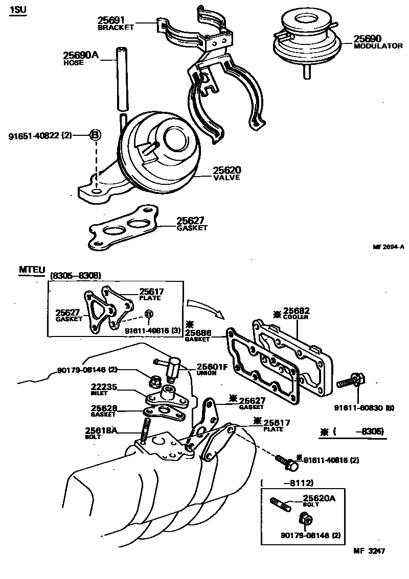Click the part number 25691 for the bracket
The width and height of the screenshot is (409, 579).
point(111,20)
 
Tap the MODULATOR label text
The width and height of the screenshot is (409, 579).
point(378,46)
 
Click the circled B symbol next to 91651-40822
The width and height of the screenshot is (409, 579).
point(96,135)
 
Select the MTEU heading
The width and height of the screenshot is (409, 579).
point(32,269)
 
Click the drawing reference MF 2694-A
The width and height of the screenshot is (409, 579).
point(388,247)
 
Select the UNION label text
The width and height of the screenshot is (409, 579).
point(207,373)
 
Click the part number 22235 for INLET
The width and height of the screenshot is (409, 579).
point(104,387)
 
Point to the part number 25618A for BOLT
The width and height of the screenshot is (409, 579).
point(101,430)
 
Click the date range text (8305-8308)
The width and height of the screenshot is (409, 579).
point(75,276)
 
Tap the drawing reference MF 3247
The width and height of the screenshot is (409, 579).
point(369,551)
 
